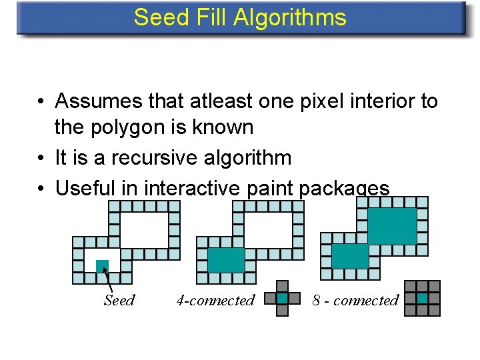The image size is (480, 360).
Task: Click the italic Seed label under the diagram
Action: [x=119, y=301]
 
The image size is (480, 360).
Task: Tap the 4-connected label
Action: [x=215, y=301]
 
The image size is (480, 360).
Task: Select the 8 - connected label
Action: [x=355, y=301]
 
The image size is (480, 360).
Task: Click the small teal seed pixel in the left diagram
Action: [x=102, y=266]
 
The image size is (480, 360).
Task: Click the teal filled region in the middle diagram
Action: [x=226, y=260]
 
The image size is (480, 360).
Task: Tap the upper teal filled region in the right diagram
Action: [x=392, y=226]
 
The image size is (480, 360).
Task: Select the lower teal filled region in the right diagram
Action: [x=350, y=256]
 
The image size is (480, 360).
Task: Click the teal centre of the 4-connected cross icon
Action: [x=283, y=298]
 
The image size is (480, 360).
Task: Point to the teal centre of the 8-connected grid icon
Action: [x=423, y=298]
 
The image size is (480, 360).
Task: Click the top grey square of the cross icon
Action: [x=283, y=287]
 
